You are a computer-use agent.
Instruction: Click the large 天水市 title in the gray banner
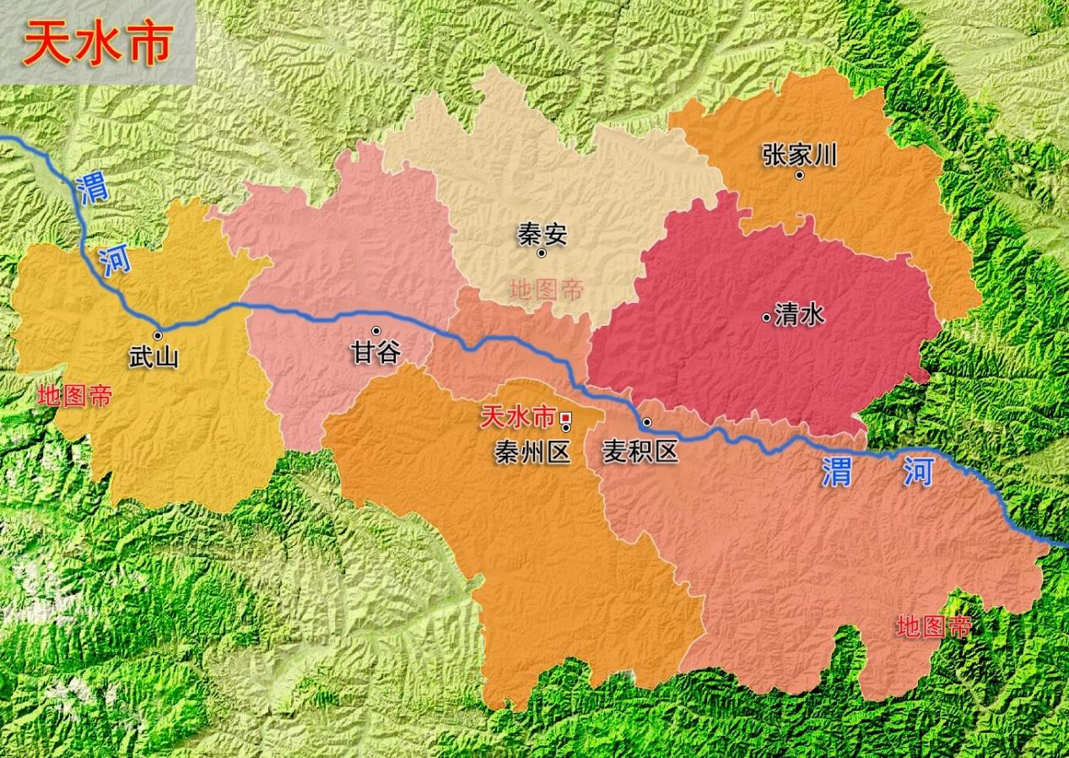98,43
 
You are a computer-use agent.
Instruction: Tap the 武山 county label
154,357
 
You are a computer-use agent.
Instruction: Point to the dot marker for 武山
158,335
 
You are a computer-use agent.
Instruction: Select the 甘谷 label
375,351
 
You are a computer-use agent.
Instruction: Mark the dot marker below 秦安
542,252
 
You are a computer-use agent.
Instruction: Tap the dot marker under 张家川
799,175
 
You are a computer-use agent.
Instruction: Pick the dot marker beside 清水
766,317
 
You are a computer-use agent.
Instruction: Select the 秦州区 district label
533,452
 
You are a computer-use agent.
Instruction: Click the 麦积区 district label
640,452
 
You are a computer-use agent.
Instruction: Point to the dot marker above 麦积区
647,421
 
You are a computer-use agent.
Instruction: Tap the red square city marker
565,416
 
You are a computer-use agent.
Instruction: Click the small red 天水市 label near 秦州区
518,416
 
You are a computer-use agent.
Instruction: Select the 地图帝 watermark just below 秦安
546,290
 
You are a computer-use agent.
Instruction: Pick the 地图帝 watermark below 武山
75,396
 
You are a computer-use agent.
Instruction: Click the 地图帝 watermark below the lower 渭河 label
934,626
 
